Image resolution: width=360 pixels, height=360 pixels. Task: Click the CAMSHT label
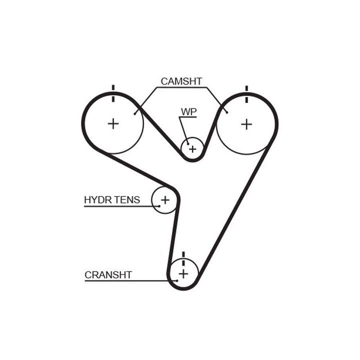tap(181, 81)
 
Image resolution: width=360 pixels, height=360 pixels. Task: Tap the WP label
tap(188, 112)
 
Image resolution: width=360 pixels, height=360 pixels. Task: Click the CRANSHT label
tap(108, 275)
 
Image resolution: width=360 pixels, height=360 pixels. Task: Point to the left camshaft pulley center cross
tap(113, 124)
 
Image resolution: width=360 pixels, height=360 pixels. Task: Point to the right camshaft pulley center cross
tap(246, 124)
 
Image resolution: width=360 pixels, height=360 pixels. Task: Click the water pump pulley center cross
tap(192, 149)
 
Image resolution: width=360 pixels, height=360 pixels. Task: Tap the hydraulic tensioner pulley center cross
tap(165, 200)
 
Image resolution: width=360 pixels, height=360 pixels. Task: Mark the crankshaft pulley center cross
tap(183, 273)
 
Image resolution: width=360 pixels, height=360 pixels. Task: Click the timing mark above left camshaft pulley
tap(113, 93)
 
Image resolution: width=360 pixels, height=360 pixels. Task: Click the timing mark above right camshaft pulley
tap(246, 94)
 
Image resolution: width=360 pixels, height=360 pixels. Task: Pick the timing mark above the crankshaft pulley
tap(183, 259)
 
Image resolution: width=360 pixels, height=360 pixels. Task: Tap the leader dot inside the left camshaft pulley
tap(135, 113)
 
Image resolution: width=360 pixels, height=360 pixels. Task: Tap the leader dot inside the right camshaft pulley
tap(227, 112)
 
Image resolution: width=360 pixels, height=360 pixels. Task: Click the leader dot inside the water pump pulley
tap(188, 144)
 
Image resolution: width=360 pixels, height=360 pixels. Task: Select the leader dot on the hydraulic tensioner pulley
tap(159, 206)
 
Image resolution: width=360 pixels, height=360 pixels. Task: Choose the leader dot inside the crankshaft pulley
tap(177, 280)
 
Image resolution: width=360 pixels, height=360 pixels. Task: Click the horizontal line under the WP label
tap(188, 117)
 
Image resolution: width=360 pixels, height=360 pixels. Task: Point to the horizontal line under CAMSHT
tap(182, 87)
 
